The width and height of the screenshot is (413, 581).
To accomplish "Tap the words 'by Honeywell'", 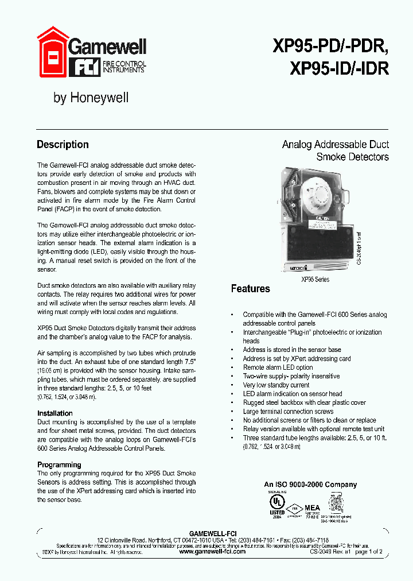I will [91, 98].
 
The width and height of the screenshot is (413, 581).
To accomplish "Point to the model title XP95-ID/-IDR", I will [340, 69].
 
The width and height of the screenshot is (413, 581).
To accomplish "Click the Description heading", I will [63, 145].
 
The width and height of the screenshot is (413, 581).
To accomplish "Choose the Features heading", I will [250, 288].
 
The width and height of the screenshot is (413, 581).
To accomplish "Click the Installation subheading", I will [55, 413].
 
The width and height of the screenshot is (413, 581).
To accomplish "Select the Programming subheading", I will [59, 464].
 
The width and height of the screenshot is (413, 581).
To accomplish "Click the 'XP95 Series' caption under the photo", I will [315, 279].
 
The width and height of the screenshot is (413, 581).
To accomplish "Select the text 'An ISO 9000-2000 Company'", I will [310, 485].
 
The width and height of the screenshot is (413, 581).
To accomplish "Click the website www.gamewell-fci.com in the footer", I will [212, 551].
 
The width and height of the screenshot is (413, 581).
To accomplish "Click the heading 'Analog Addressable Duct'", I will [335, 144].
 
